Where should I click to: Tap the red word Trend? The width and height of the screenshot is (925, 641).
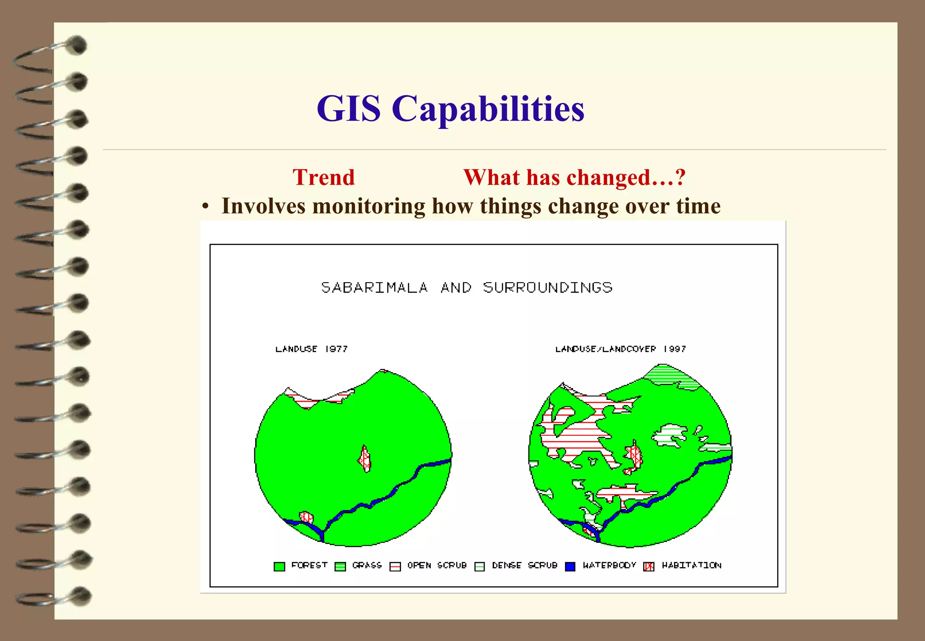[323, 177]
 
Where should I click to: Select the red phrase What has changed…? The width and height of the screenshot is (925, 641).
[574, 177]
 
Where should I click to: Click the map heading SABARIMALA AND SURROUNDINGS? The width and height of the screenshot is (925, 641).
[467, 288]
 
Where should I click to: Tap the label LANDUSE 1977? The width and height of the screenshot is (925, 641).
[311, 349]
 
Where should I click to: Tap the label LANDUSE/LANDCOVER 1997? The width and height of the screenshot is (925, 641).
[620, 349]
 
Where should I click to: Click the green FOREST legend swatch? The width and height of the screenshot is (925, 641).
[279, 566]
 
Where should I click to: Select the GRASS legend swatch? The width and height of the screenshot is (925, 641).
[340, 566]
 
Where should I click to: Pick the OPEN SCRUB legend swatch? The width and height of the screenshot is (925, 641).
[395, 566]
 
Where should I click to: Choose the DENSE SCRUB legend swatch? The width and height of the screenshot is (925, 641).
[480, 566]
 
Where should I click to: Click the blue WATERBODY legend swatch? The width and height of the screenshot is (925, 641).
[570, 566]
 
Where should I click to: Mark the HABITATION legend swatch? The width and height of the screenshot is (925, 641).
[649, 566]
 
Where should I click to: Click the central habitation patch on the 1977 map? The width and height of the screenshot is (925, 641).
[365, 459]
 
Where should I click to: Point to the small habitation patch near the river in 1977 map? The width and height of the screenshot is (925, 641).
[307, 517]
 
